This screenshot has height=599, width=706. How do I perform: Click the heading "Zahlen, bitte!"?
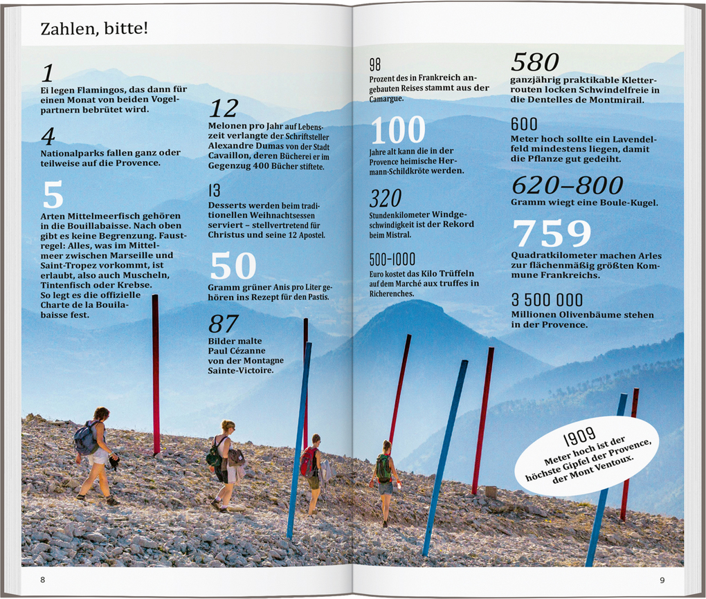pyautogui.click(x=94, y=29)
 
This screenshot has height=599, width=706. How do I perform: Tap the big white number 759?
pyautogui.click(x=552, y=234)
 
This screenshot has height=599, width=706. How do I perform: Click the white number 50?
pyautogui.click(x=233, y=266)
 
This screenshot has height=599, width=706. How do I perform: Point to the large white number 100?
pyautogui.click(x=398, y=130)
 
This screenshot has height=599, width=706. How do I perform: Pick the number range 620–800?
pyautogui.click(x=567, y=185)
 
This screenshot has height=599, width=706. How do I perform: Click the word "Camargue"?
pyautogui.click(x=386, y=98)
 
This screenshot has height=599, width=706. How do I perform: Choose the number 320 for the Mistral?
pyautogui.click(x=385, y=199)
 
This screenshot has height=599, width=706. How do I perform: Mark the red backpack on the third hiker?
pyautogui.click(x=307, y=461)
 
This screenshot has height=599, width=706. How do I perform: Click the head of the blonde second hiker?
pyautogui.click(x=228, y=426)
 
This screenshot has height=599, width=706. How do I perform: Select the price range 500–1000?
pyautogui.click(x=392, y=259)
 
